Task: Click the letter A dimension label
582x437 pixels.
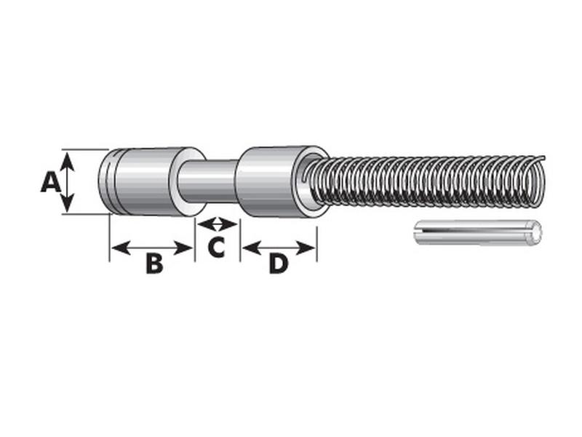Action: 49,181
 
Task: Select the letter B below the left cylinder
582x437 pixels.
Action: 154,264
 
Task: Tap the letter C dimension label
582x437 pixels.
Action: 216,248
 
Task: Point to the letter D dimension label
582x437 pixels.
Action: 279,264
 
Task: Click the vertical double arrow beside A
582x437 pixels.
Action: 68,181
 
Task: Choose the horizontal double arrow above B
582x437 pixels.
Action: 152,248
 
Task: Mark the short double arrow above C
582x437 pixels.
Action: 218,224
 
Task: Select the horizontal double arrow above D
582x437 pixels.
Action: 279,248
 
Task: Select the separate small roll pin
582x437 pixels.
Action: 477,232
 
